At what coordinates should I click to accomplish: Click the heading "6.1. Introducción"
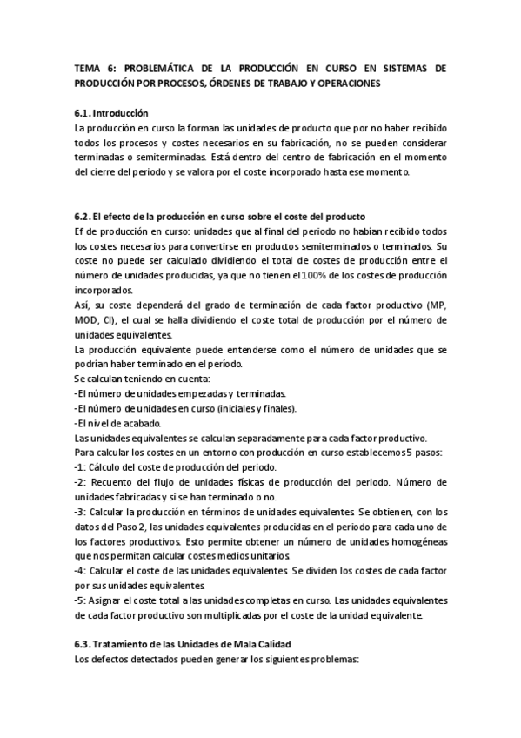112,113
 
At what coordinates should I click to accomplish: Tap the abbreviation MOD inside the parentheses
89,320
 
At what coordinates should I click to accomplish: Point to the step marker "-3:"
83,512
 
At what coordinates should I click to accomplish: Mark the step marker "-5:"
83,600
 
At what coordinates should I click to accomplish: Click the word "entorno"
214,453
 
